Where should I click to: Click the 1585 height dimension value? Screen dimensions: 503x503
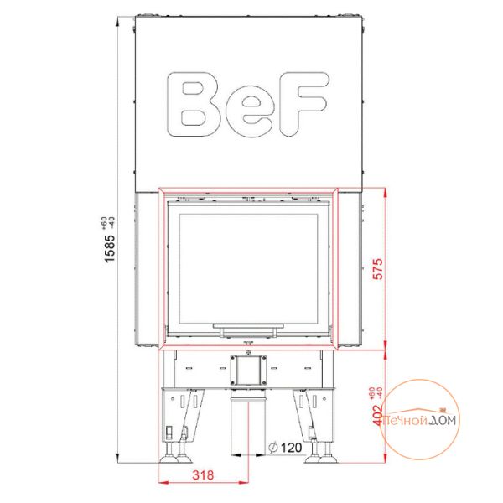pyautogui.click(x=110, y=248)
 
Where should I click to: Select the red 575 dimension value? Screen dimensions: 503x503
pyautogui.click(x=379, y=269)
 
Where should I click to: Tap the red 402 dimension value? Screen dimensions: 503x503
pyautogui.click(x=379, y=415)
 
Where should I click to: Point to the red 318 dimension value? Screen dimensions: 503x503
pyautogui.click(x=203, y=474)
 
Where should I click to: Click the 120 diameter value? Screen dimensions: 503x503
pyautogui.click(x=291, y=447)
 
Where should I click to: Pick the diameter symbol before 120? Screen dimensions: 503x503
pyautogui.click(x=272, y=447)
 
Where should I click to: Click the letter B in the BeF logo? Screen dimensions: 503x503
pyautogui.click(x=193, y=104)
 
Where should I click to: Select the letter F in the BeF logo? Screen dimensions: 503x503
pyautogui.click(x=304, y=103)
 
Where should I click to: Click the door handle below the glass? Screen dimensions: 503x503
pyautogui.click(x=248, y=329)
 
